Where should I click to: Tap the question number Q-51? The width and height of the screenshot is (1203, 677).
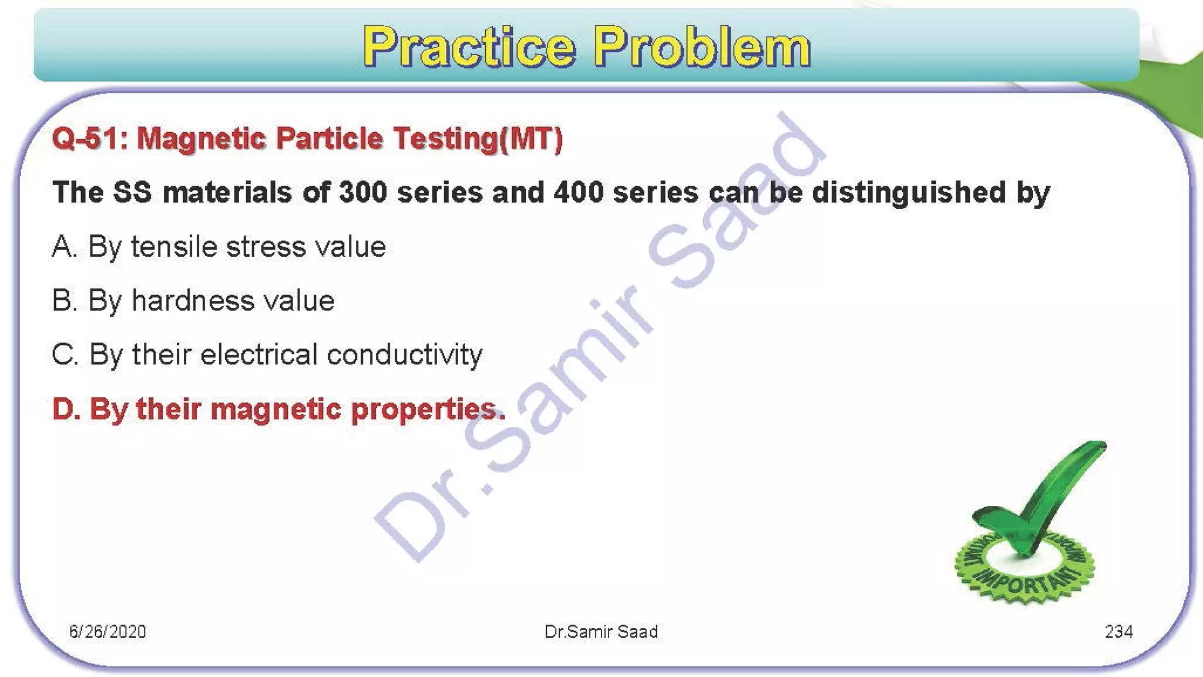[x=88, y=139]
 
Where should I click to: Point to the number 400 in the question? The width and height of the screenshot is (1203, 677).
[x=578, y=193]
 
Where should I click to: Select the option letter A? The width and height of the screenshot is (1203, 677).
[x=63, y=247]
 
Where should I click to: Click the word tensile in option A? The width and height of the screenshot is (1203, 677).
[x=174, y=247]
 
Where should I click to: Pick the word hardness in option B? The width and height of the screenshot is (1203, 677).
[x=193, y=301]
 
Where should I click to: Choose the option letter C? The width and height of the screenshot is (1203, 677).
[x=63, y=355]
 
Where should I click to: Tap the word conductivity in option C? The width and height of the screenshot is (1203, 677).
[x=404, y=355]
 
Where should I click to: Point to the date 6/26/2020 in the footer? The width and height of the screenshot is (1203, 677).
[x=107, y=632]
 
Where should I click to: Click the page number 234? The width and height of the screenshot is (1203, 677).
[x=1118, y=632]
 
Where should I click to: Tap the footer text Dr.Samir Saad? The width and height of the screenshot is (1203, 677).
[x=601, y=632]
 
